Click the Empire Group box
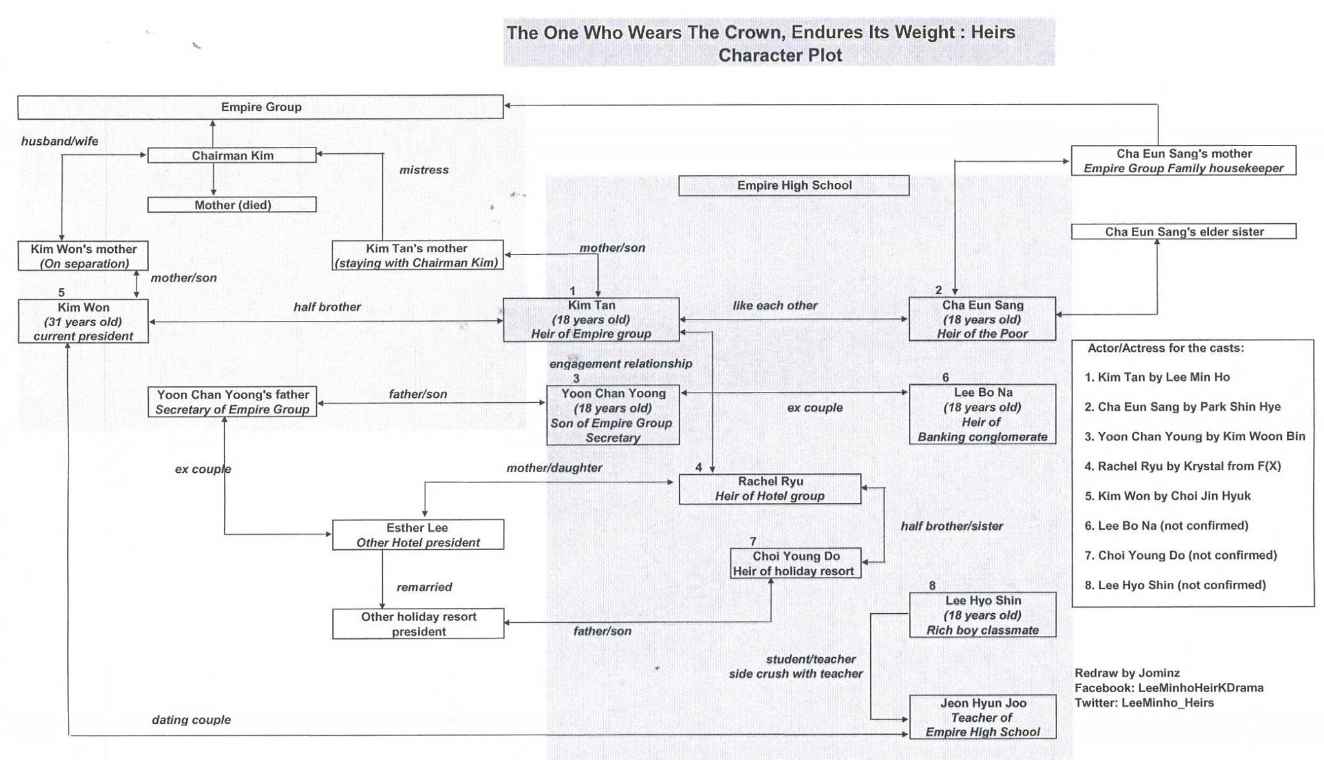click(x=261, y=107)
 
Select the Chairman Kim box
click(x=232, y=156)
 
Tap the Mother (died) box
click(x=232, y=205)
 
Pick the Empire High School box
click(x=794, y=186)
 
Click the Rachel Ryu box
click(x=769, y=489)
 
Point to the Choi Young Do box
click(x=795, y=563)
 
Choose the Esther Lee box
click(x=418, y=535)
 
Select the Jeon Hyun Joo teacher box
click(x=983, y=717)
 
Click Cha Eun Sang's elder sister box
click(x=1184, y=232)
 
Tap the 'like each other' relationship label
click(x=774, y=305)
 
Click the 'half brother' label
click(x=327, y=307)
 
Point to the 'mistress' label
click(x=423, y=170)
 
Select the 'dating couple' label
click(x=191, y=720)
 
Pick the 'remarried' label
click(x=424, y=587)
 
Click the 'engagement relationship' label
click(x=621, y=364)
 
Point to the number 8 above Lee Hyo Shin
click(x=932, y=585)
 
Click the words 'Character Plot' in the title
click(x=780, y=56)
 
